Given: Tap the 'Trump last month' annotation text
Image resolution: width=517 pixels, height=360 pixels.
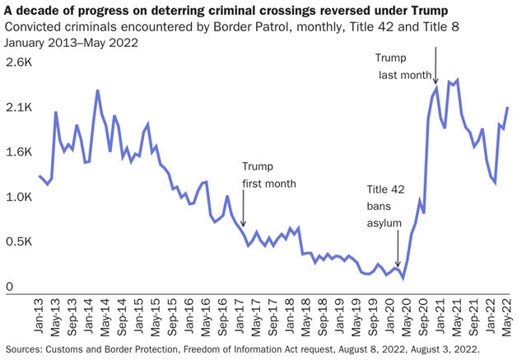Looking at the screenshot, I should tap(404, 66).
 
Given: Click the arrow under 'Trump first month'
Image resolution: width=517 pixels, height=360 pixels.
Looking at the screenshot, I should tap(244, 201).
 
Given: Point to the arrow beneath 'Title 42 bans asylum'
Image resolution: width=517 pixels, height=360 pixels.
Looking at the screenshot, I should tap(398, 249).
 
